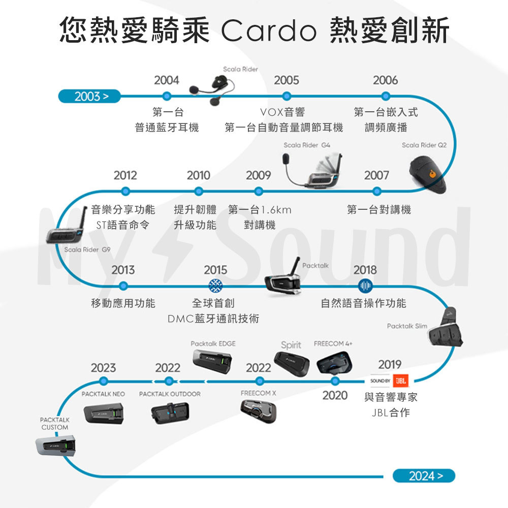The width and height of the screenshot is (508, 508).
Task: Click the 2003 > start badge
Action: point(89,96)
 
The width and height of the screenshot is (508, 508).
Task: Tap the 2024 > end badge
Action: point(424,475)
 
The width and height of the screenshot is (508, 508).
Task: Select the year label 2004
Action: point(167,80)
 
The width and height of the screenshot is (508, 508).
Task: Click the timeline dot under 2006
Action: point(386,96)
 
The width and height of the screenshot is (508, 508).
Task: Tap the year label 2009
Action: point(259,175)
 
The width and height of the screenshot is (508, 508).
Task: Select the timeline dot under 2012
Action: point(125,192)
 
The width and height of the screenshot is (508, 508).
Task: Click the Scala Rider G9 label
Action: point(87,249)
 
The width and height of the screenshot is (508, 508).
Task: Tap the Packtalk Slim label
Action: point(407,326)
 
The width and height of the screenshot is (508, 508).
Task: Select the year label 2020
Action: point(335,395)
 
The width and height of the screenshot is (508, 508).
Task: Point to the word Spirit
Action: point(291,345)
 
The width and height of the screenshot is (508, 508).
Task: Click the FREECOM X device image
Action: point(259,410)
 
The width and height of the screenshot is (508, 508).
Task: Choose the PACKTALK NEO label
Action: point(103,394)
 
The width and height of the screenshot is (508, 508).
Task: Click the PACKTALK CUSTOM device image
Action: point(56,446)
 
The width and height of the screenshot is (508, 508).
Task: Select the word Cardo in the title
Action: point(268,31)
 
